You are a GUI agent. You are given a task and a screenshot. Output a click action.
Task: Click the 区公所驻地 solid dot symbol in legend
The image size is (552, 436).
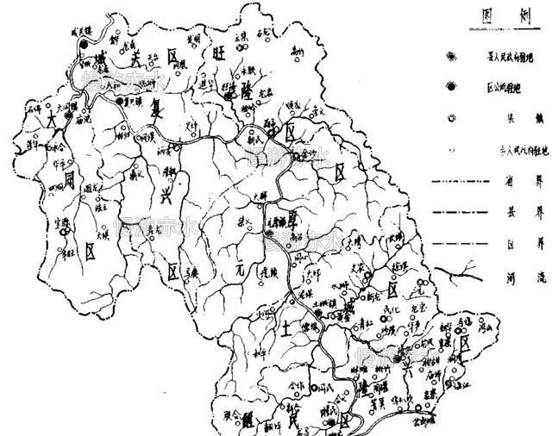tap(450, 87)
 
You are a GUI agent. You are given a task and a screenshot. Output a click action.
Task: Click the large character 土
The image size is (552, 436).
tap(287, 327)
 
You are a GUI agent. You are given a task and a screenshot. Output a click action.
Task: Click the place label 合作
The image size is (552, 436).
tap(298, 389)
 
